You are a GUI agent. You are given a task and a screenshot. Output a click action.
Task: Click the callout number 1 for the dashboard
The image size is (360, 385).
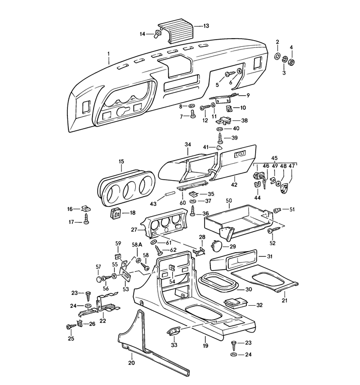pos(109,54)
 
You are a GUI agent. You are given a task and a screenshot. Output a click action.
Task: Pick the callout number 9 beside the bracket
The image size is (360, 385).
pos(248,95)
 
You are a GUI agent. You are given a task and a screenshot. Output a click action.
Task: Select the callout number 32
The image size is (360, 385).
pos(259,305)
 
